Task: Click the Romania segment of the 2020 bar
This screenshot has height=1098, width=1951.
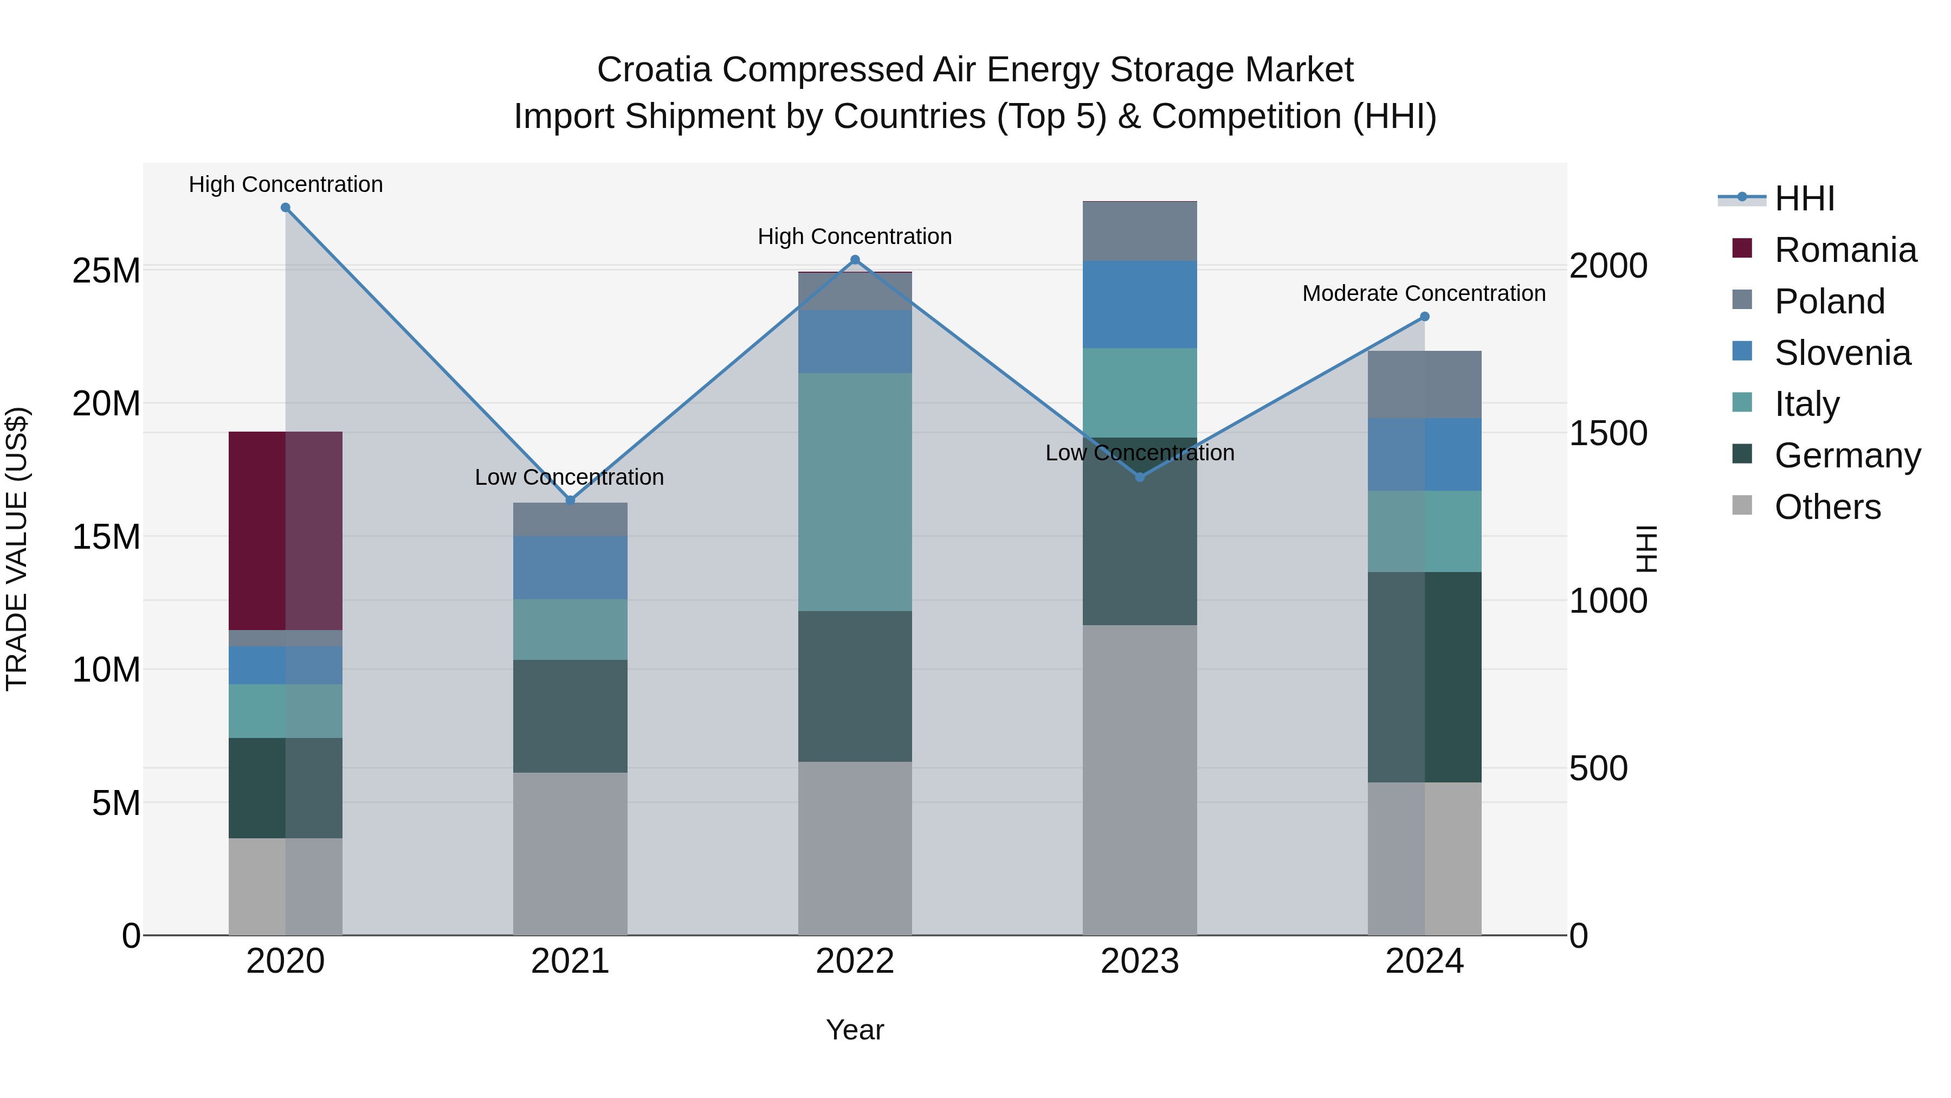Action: pos(286,530)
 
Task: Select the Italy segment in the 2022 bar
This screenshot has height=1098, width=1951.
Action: pos(855,492)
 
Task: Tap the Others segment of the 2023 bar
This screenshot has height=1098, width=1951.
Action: pos(1140,780)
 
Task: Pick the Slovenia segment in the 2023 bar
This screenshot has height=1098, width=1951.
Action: pos(1140,305)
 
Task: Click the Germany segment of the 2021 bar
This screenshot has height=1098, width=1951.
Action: pos(570,716)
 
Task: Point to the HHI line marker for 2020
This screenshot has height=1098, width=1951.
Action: pos(286,208)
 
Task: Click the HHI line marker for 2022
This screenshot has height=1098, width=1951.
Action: pos(855,260)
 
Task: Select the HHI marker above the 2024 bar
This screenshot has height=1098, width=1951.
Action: pos(1425,317)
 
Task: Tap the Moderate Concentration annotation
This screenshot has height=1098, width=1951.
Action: pos(1424,293)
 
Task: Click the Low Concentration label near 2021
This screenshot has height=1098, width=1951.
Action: pos(569,477)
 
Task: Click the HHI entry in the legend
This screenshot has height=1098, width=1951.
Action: pos(1804,198)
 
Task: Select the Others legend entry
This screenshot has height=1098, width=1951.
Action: pos(1827,507)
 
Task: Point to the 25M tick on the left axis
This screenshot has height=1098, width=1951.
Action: pos(106,271)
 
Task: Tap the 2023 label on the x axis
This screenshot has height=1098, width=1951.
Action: pos(1140,961)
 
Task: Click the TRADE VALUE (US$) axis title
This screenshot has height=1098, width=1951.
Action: pos(17,549)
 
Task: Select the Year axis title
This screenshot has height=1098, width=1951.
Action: pos(855,1030)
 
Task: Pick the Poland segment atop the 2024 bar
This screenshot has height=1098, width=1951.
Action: pos(1425,384)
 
